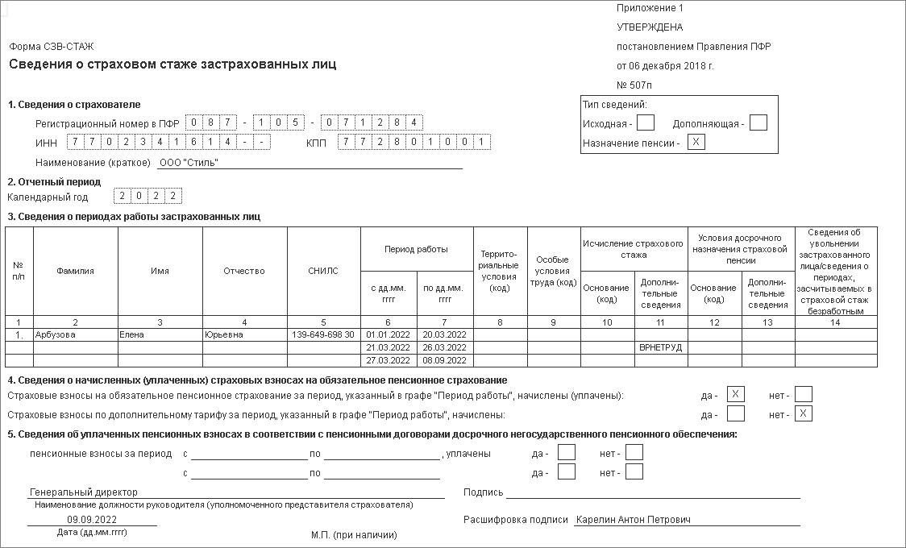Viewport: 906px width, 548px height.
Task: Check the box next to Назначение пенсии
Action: [x=696, y=143]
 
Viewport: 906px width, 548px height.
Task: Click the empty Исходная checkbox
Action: [x=645, y=123]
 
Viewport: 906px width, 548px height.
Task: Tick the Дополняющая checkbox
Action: [x=758, y=123]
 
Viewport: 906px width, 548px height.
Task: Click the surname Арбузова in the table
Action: [x=56, y=334]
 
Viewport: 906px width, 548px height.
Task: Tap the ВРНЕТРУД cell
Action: [x=660, y=347]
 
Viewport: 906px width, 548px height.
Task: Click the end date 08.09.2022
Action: [x=445, y=360]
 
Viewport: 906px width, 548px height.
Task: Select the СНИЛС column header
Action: [x=323, y=271]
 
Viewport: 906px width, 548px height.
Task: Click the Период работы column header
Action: [x=416, y=250]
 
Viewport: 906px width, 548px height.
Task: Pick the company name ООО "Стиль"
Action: [x=189, y=163]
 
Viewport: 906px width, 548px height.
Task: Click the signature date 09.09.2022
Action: [x=92, y=520]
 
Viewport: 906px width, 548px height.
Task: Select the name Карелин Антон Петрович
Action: [x=633, y=520]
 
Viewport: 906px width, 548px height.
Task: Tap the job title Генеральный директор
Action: [x=84, y=492]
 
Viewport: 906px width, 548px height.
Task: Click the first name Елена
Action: [x=131, y=334]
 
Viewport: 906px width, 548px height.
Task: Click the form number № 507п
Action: [x=634, y=85]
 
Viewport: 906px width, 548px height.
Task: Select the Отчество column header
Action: [x=244, y=271]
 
